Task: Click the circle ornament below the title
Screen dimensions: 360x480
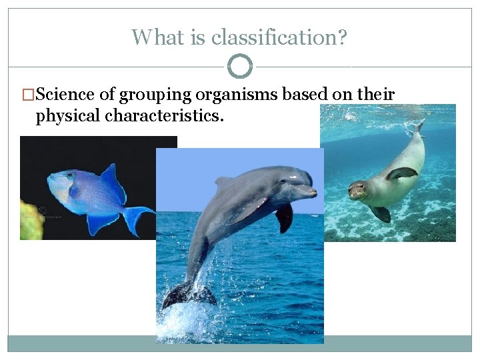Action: [x=240, y=67]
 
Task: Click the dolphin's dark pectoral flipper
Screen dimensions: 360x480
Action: [x=285, y=216]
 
